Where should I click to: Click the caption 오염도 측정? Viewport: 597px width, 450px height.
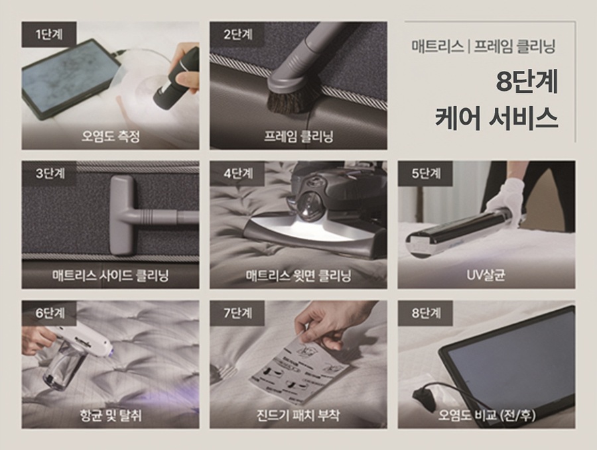(x=111, y=137)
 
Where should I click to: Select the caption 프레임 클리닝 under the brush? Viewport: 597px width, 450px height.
(x=298, y=137)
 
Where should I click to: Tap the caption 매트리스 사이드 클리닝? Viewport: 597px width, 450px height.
(x=111, y=275)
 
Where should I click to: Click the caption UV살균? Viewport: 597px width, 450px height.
(x=486, y=275)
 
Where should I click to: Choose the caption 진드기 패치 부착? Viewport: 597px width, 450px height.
(x=298, y=416)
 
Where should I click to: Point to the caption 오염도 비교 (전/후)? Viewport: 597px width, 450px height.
(x=486, y=416)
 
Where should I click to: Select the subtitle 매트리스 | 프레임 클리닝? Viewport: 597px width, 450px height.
(x=482, y=47)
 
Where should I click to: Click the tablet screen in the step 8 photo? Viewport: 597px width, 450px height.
(x=511, y=358)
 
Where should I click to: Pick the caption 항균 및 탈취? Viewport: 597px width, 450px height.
(x=111, y=416)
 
